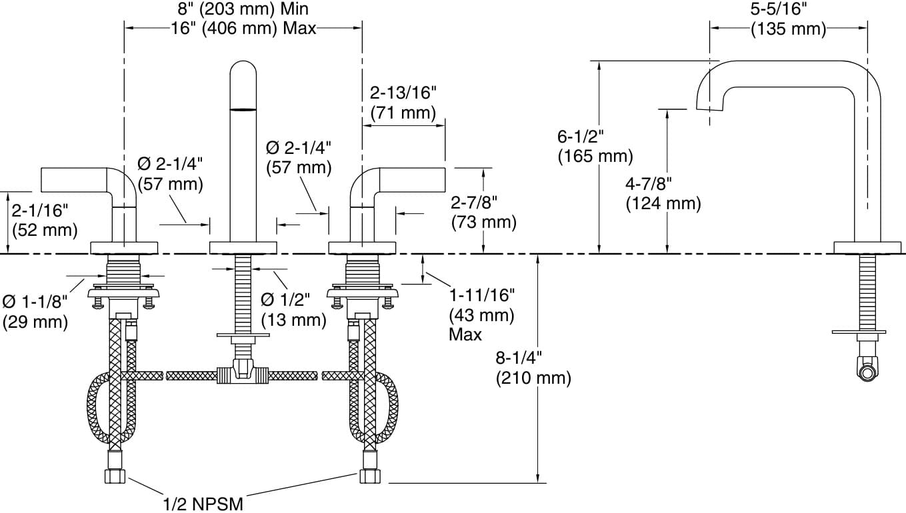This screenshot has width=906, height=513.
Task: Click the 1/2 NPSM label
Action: click(203, 502)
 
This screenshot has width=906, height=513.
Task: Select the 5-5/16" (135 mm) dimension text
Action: click(789, 19)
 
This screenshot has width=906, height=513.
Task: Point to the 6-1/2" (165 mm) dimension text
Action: click(595, 147)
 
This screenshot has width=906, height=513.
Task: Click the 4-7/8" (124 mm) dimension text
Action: click(663, 193)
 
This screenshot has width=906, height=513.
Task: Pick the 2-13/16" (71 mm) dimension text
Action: click(403, 102)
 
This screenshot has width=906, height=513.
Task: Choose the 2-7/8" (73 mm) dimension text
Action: click(483, 212)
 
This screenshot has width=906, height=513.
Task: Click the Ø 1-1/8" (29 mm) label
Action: click(35, 312)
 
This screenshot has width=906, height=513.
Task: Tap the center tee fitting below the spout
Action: click(242, 372)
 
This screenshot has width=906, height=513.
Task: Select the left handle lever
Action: click(73, 179)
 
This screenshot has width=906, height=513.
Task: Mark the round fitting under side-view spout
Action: click(867, 370)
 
